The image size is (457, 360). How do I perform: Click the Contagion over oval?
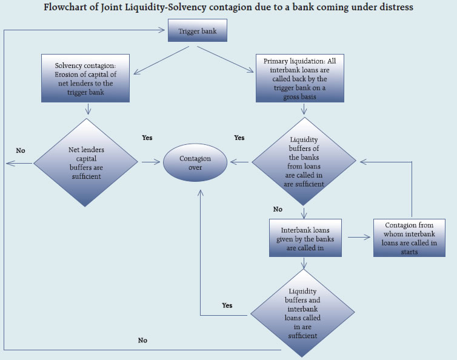point(195,163)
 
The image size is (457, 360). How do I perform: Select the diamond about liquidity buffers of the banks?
point(304,162)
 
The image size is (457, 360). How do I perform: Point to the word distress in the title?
point(409,8)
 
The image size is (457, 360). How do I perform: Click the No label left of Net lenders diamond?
point(21,150)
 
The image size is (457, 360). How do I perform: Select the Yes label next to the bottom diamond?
point(227,305)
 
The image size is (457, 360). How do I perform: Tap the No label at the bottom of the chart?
point(142,341)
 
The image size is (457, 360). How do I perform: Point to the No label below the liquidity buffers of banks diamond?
point(278,209)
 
